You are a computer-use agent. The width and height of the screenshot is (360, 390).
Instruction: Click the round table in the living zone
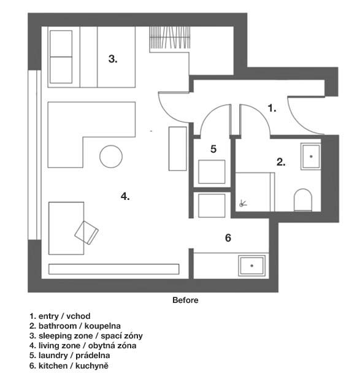[111, 156]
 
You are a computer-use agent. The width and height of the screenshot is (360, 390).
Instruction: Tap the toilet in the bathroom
[303, 200]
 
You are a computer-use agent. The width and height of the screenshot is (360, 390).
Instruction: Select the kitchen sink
[252, 266]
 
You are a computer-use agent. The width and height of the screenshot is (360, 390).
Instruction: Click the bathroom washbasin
[311, 156]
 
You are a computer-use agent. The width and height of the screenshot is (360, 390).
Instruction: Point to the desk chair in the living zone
[86, 232]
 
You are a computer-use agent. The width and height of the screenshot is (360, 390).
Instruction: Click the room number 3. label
[113, 59]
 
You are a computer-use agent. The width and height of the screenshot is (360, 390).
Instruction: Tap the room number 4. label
[125, 196]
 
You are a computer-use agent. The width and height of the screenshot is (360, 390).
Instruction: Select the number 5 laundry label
[213, 149]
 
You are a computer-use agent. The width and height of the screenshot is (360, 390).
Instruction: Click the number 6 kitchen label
[228, 238]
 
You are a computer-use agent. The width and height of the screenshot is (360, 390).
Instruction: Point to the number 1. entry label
[272, 108]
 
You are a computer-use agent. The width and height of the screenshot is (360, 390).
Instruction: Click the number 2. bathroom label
[281, 162]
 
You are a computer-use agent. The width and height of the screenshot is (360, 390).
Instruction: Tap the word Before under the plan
[185, 300]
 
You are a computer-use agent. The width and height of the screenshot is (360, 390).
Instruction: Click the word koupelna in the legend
[102, 326]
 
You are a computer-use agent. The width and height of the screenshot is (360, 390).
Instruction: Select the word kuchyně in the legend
[92, 366]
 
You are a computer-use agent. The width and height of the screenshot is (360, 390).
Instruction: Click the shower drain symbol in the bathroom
[243, 204]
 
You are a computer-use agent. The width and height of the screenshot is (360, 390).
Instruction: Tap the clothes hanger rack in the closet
[170, 37]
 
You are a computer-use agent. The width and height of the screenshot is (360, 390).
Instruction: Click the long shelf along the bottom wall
[113, 269]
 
